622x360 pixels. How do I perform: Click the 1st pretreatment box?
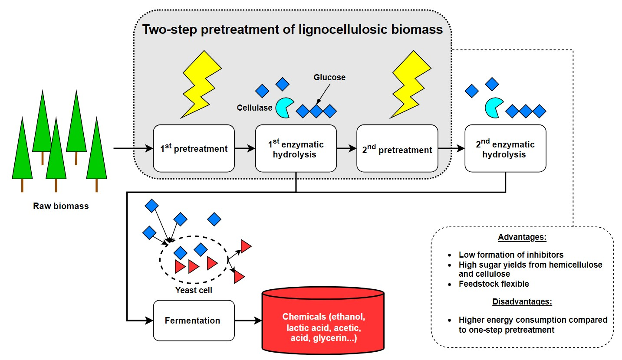click(194, 148)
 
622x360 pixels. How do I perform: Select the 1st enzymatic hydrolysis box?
click(296, 148)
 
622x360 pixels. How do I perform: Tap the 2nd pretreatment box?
click(397, 148)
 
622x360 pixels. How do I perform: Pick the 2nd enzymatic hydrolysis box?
click(505, 148)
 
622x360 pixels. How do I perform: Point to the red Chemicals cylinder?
click(323, 321)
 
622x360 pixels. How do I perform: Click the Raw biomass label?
click(61, 206)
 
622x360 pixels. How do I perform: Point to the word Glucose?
click(330, 78)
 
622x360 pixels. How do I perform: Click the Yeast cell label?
click(194, 290)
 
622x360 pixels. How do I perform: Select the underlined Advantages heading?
click(522, 237)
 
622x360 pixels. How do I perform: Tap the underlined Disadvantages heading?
click(522, 301)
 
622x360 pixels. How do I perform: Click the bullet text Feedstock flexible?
click(494, 284)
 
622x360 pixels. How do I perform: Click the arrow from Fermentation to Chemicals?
click(248, 321)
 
